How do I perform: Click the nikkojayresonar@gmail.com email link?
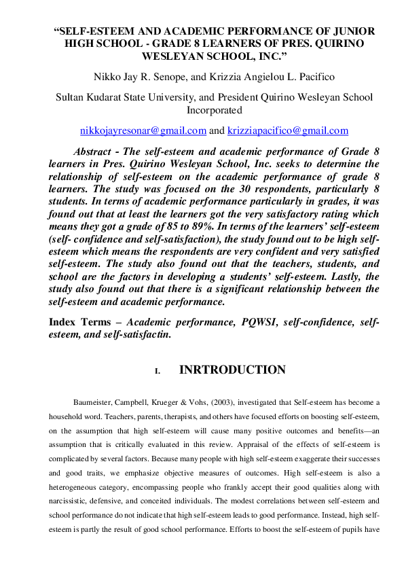tap(143, 130)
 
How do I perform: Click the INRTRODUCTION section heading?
tap(232, 370)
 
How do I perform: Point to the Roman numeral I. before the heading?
tap(158, 372)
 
